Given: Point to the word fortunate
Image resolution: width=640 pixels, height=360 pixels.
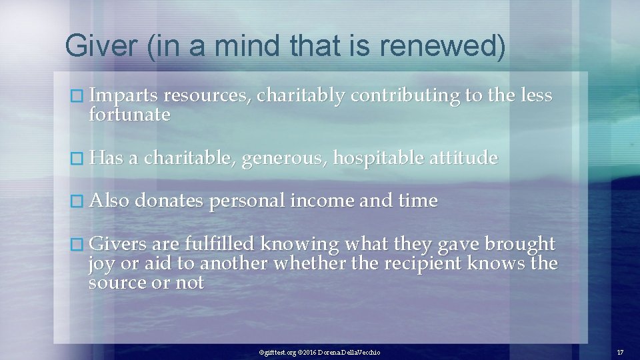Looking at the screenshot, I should coord(129,115).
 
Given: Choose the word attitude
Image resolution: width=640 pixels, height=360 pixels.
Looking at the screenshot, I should coord(464,158).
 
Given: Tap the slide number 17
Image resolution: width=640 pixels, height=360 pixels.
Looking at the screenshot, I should coord(620,352).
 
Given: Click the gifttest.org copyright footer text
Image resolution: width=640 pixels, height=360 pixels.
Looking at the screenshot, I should coord(319,352).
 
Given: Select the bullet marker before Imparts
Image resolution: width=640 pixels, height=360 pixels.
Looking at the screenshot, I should coord(81,97).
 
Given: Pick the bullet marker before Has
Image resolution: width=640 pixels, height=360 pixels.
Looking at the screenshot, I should coord(81,159).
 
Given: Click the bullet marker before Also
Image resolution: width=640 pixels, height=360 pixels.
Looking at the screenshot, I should coord(81,201).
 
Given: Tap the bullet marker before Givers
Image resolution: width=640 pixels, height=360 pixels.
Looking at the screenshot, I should coord(81,245).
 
